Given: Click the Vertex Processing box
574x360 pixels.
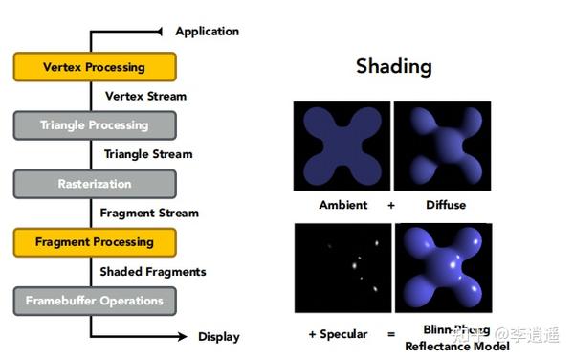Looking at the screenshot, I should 94,67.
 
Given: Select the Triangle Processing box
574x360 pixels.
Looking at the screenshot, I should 94,125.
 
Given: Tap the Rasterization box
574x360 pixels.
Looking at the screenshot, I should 94,184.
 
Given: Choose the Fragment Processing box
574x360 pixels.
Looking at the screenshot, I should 94,242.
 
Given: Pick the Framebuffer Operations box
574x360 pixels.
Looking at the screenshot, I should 94,301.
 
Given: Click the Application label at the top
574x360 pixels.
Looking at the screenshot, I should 207,31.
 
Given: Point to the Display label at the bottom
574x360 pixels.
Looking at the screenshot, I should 218,336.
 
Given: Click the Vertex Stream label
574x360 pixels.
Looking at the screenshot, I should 145,96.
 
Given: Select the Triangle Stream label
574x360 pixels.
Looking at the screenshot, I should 148,154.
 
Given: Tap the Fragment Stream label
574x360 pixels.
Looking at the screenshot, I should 149,213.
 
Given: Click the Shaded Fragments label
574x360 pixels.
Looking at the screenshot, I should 153,271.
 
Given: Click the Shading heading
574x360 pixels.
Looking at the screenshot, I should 393,66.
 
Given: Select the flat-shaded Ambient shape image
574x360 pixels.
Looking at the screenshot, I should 342,146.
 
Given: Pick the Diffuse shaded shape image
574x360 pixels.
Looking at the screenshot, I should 442,146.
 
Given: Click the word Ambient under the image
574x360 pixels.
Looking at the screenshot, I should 343,205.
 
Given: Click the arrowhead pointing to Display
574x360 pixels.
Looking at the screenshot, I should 182,336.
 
